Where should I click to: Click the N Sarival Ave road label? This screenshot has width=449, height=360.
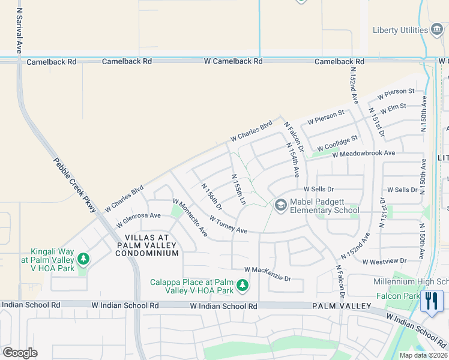tap(19, 32)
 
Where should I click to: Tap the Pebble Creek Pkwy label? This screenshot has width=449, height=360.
tap(74, 185)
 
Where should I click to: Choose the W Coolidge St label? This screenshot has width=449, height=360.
tap(337, 143)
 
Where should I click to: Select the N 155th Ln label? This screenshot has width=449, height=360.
tap(239, 190)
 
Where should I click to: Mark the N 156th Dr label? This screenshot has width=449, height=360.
tap(211, 197)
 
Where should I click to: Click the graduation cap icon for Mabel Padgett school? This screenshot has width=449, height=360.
tap(280, 205)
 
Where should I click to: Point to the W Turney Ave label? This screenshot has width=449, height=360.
tap(228, 226)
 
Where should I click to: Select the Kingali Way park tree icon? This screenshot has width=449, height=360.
tap(83, 259)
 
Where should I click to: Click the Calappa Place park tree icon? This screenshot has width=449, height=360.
tap(243, 286)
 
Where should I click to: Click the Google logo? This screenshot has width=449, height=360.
tap(20, 352)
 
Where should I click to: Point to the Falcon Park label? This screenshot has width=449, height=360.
tap(397, 296)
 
